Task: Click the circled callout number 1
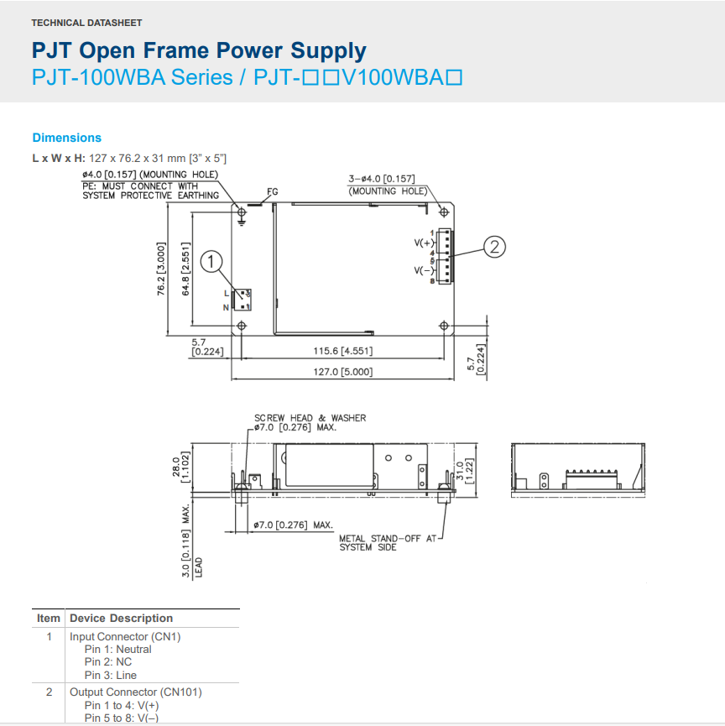[x=214, y=262]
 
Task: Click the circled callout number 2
[x=495, y=246]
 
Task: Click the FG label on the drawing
[x=272, y=192]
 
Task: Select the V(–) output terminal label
[x=422, y=270]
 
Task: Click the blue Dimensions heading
[x=66, y=138]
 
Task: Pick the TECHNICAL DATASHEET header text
[x=86, y=23]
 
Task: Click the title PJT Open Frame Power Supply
[x=199, y=51]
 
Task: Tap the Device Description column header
[x=121, y=618]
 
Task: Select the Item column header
[x=49, y=618]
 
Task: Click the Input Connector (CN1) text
[x=125, y=636]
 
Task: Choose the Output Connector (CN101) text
[x=135, y=692]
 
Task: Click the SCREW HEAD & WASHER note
[x=310, y=417]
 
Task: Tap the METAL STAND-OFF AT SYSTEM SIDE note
[x=388, y=543]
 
